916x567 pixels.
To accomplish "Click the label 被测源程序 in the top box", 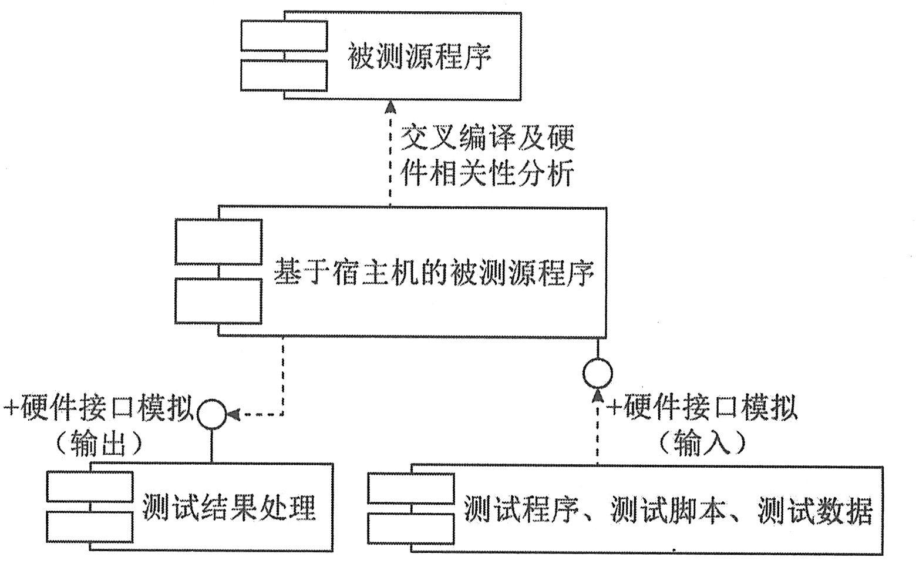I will click(x=419, y=56).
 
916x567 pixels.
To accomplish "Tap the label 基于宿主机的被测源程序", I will click(x=434, y=273).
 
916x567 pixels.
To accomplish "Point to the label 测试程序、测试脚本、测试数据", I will click(x=668, y=509).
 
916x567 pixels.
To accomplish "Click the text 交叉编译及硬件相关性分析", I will click(x=487, y=156).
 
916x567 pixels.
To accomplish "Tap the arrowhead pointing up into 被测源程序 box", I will click(x=390, y=107).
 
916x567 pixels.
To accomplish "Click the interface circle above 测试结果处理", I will click(x=211, y=414).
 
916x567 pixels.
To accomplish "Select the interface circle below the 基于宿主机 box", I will click(x=598, y=373).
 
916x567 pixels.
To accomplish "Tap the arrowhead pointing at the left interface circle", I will click(x=233, y=414).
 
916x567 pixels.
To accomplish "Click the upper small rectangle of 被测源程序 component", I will click(x=284, y=36).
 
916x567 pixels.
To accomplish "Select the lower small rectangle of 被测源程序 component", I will click(x=284, y=76).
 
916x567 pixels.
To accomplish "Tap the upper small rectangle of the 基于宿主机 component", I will click(x=218, y=241).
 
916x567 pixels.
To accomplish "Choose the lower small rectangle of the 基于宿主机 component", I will click(x=218, y=301).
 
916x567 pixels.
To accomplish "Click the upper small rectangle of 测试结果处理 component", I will click(x=90, y=486).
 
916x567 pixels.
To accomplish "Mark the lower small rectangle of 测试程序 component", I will click(x=411, y=528).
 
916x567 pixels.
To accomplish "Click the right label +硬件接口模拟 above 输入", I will click(x=702, y=407).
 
